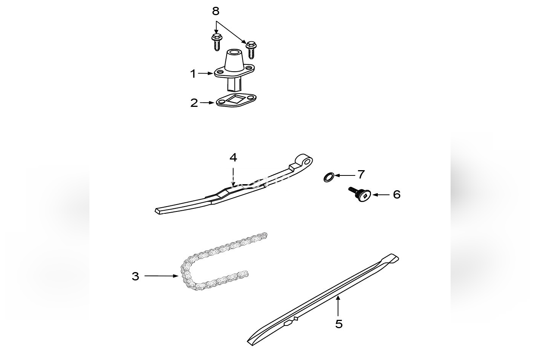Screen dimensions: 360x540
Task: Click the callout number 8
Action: [215, 11]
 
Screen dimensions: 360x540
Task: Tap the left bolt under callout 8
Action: [217, 42]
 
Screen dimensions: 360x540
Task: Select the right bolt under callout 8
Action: [250, 49]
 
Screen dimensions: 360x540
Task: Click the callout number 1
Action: [193, 74]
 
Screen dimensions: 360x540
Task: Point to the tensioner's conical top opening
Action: [234, 53]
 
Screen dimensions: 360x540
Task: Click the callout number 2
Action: [194, 103]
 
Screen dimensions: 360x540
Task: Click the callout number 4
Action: [233, 157]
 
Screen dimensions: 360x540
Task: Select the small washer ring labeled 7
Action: [329, 177]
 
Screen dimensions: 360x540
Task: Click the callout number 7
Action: [361, 175]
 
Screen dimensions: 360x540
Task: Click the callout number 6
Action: [396, 194]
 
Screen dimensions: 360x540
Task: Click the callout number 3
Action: [135, 276]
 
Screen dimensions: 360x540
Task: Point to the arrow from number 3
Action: [161, 276]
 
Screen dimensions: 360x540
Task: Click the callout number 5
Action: [339, 324]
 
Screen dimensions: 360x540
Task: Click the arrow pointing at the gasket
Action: [208, 103]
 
